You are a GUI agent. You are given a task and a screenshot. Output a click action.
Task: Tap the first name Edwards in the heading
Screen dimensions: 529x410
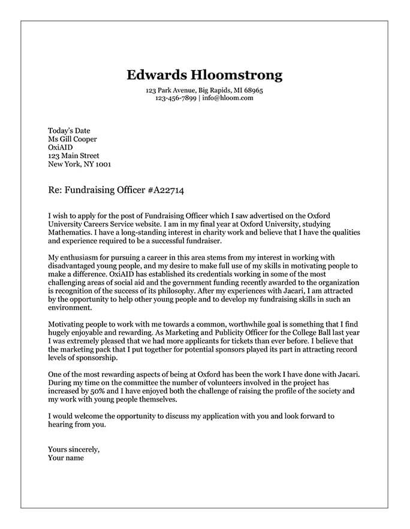(156, 75)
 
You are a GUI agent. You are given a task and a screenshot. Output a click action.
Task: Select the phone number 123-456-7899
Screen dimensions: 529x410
(176, 98)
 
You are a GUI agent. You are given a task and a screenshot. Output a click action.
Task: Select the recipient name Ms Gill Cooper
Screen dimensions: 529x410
(72, 139)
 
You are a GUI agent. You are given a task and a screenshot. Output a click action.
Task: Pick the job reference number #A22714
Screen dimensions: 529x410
(165, 191)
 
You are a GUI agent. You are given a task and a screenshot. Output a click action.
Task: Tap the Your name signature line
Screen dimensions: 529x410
(66, 458)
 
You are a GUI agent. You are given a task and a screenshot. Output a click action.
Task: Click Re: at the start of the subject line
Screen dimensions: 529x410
(55, 191)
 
